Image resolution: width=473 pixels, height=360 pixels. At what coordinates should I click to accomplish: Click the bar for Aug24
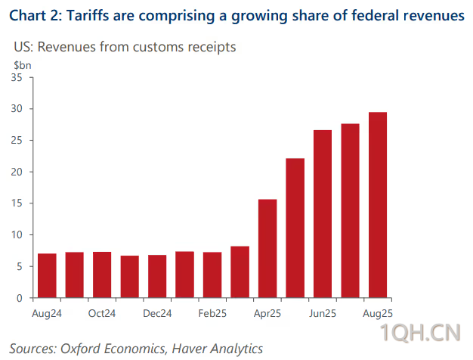click(x=47, y=275)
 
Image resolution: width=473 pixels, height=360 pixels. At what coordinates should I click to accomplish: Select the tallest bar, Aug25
click(x=378, y=205)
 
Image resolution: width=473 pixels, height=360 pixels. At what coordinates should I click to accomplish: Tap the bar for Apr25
click(x=267, y=248)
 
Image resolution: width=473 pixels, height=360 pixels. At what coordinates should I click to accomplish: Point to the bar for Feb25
click(x=212, y=275)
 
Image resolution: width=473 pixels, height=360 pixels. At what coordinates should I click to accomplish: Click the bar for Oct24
click(x=102, y=275)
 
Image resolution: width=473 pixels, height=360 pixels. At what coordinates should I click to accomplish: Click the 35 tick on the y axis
click(x=20, y=77)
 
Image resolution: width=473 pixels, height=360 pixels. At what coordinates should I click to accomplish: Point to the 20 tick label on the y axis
click(x=20, y=172)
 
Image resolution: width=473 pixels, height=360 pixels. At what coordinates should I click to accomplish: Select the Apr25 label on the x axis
click(x=267, y=312)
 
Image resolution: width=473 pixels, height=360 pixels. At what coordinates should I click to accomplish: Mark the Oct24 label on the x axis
click(x=102, y=312)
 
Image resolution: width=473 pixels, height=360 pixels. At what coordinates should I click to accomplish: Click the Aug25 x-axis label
click(x=378, y=312)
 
